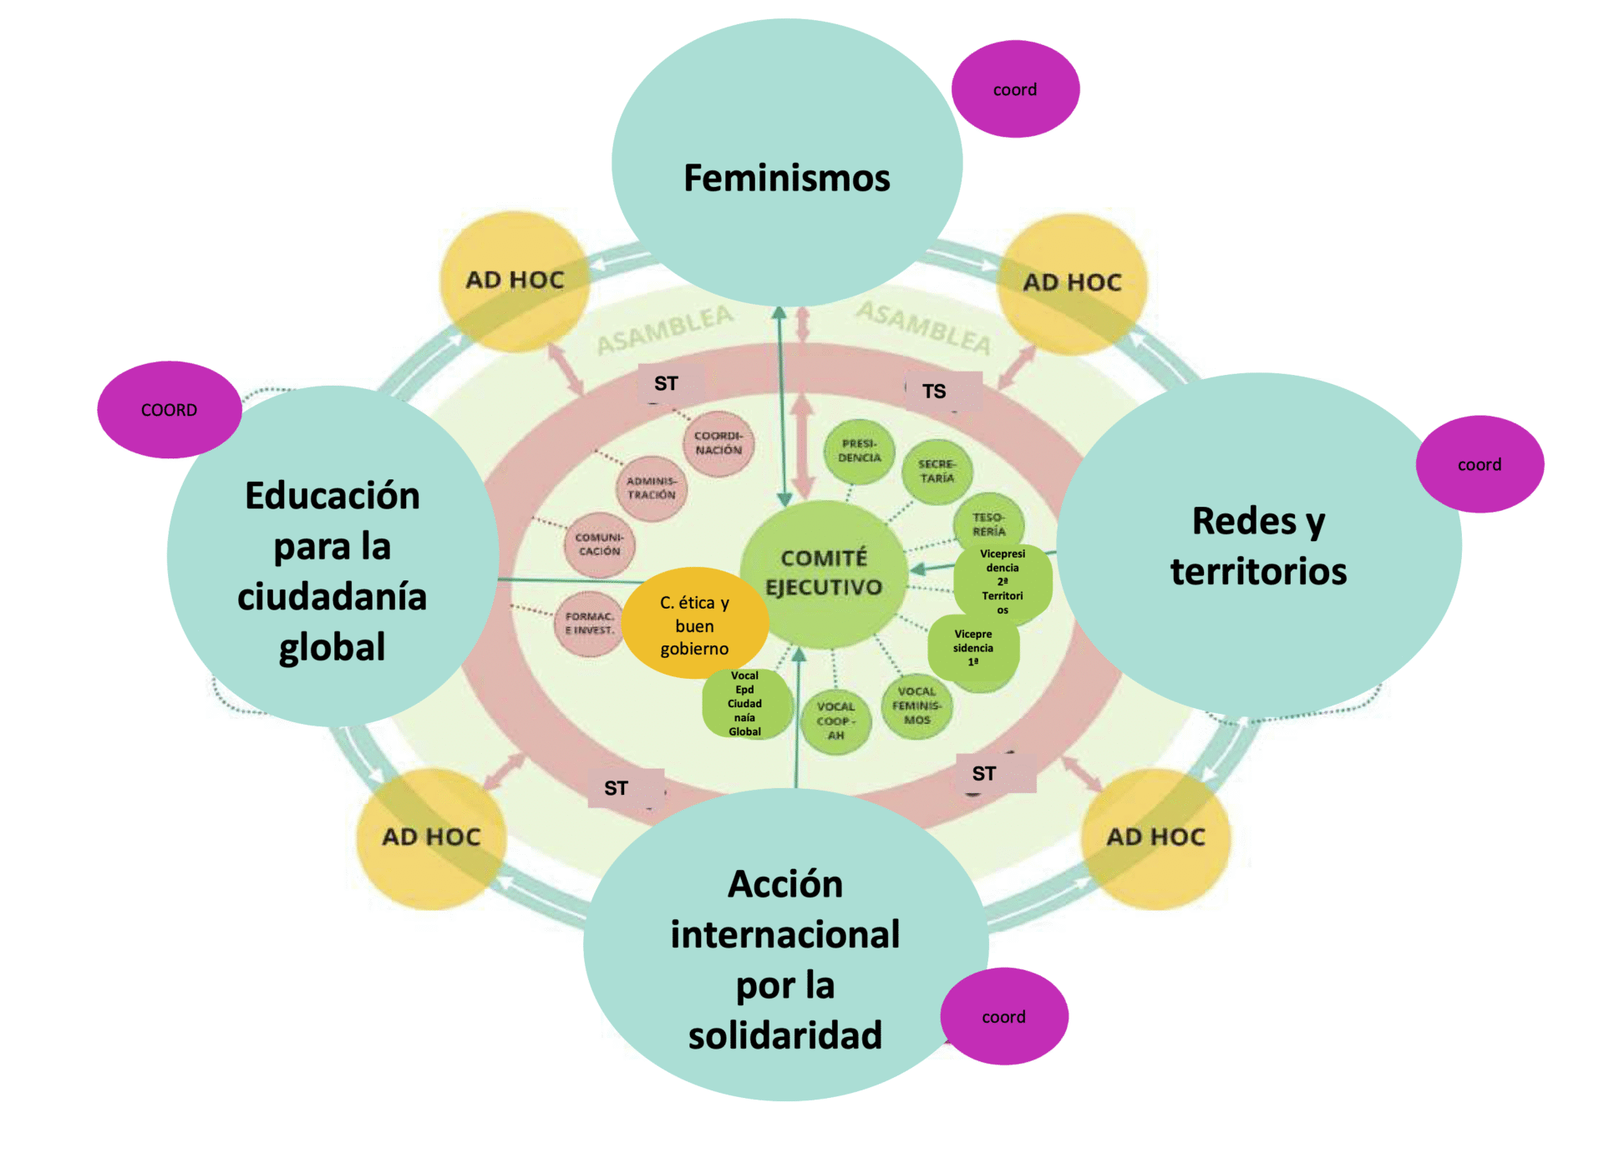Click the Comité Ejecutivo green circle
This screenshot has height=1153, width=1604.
click(823, 574)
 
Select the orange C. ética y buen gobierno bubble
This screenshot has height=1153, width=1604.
click(694, 625)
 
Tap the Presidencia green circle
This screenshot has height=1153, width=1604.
click(860, 451)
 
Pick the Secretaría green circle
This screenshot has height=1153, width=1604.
click(937, 471)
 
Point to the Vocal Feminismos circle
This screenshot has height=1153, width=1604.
click(916, 706)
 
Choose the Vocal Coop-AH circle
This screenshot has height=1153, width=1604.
click(835, 721)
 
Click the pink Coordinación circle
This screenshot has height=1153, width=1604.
click(718, 442)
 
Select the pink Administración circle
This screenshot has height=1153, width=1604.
click(652, 488)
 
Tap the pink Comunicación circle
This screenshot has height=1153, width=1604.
click(599, 544)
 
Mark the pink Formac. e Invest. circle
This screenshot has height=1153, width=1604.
click(588, 624)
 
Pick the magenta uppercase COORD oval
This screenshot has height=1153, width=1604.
click(170, 410)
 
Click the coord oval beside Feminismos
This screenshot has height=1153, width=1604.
click(1015, 89)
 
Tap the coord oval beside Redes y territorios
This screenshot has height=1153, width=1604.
click(1480, 464)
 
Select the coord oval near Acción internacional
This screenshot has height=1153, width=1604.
click(1004, 1016)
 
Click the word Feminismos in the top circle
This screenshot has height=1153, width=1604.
click(787, 178)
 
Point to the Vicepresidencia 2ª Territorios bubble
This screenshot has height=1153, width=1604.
click(1002, 582)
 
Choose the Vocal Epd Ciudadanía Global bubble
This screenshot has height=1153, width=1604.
click(745, 704)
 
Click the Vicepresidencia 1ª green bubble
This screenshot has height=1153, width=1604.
click(973, 649)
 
